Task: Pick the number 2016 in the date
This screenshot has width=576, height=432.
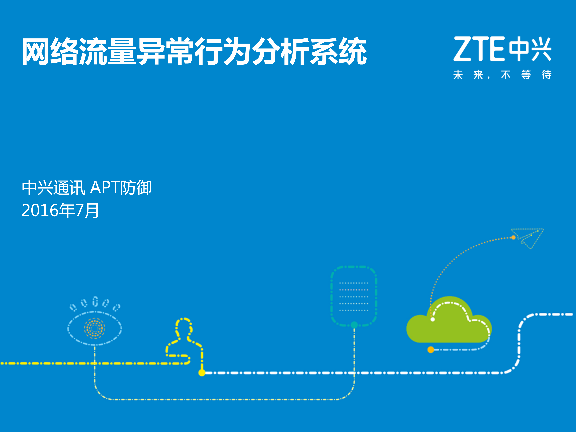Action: click(40, 210)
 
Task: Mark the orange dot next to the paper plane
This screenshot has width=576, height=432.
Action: click(513, 237)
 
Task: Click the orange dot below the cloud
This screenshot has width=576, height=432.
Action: click(431, 349)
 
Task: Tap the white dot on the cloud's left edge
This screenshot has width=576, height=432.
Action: click(433, 319)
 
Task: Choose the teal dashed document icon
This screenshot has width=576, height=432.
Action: click(354, 296)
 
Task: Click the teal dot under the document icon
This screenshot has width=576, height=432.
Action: click(354, 325)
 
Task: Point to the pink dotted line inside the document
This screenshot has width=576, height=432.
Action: click(353, 290)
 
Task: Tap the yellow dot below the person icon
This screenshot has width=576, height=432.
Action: click(202, 373)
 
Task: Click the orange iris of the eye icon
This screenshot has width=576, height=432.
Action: click(94, 328)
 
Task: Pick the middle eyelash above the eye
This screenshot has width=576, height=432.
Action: click(95, 301)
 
